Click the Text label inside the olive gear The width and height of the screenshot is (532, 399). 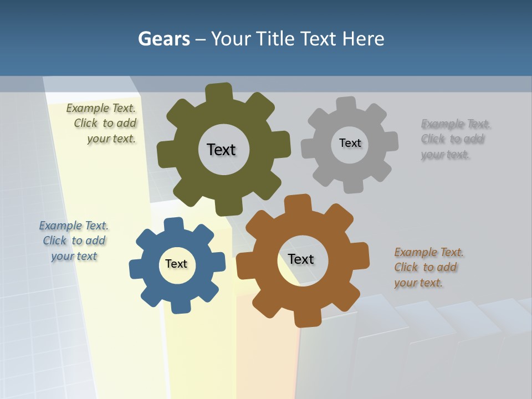pos(221,150)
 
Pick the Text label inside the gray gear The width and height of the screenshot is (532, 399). pos(350,143)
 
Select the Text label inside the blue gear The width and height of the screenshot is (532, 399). pos(176,264)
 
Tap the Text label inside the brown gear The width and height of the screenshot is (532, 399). pos(301,259)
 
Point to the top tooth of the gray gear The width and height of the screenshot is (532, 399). pos(346,104)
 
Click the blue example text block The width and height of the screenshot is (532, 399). pos(74,241)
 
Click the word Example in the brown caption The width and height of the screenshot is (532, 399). pos(416,253)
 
